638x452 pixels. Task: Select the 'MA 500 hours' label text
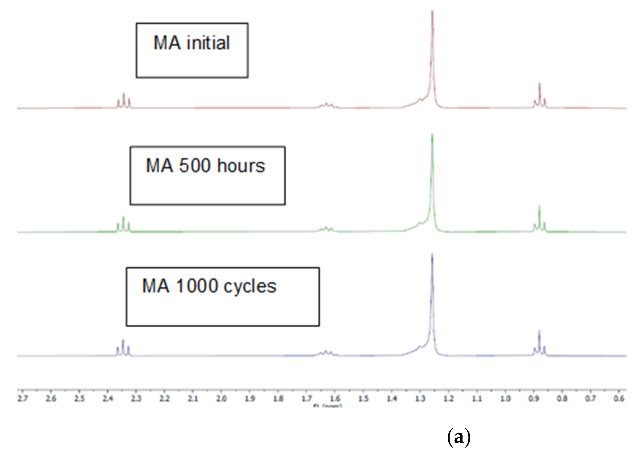[x=205, y=166]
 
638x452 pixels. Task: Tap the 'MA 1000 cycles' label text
[x=209, y=286]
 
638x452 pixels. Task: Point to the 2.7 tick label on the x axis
[x=23, y=399]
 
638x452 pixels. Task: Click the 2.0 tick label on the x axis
[x=221, y=399]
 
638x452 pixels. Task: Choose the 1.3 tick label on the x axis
[x=420, y=399]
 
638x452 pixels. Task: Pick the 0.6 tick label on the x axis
[x=619, y=399]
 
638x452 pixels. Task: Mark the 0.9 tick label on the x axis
[x=534, y=399]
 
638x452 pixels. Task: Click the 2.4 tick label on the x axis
[x=108, y=399]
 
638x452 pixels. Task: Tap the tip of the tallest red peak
[x=432, y=11]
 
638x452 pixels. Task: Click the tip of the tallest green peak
[x=432, y=134]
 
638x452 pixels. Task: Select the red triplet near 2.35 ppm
[x=123, y=101]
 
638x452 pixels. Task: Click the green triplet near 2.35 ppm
[x=123, y=224]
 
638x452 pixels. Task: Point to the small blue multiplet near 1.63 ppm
[x=326, y=353]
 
